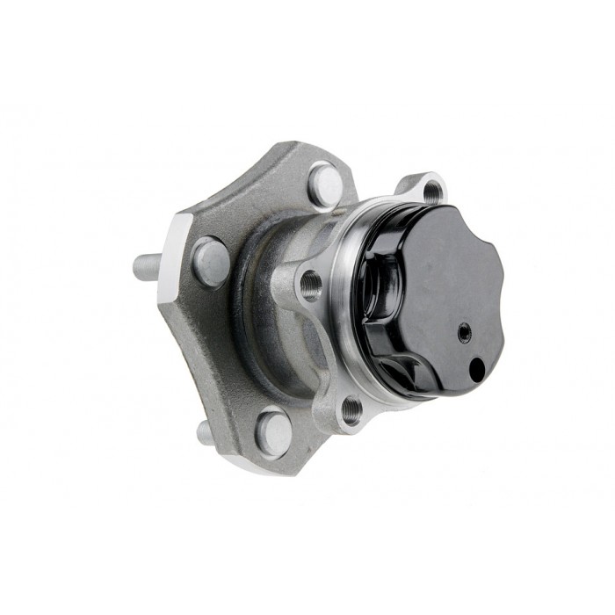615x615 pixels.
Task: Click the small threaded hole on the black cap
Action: point(464,332)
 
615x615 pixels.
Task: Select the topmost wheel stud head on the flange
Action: point(326,185)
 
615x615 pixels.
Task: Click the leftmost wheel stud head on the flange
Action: point(211,262)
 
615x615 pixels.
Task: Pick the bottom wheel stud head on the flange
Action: point(274,432)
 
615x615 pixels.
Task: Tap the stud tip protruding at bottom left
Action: point(204,431)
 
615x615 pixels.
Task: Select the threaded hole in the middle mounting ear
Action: point(310,283)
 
